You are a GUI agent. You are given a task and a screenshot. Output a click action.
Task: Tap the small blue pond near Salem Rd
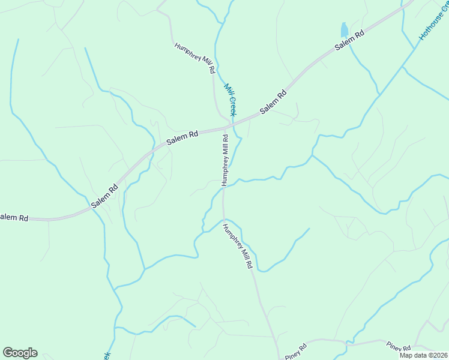point(344,30)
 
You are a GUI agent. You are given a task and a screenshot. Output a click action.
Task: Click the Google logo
point(20,353)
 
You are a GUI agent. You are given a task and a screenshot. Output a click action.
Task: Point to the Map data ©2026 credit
point(424,355)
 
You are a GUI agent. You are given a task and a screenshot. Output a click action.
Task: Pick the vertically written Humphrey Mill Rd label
point(224,160)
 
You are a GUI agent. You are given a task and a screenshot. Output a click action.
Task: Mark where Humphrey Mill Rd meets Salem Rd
point(224,128)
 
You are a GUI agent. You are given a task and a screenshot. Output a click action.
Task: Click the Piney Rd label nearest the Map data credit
point(399,347)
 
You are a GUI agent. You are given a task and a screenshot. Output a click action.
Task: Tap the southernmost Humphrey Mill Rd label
point(238,246)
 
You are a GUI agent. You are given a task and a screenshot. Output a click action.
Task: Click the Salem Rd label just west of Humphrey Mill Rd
point(182,137)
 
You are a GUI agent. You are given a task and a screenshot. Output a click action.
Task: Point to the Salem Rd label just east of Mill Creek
point(274,103)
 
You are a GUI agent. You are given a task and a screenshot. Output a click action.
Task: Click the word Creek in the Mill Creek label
point(233,106)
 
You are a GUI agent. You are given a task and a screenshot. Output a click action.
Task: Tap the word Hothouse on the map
point(430,29)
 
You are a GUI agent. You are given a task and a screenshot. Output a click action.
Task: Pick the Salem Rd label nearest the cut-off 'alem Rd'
point(104,196)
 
